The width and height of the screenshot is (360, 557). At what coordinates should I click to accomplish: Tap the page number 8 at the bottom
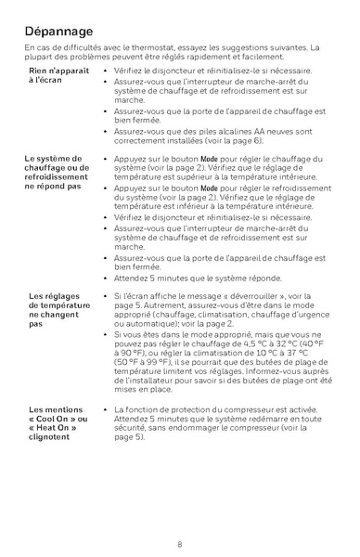pos(180,543)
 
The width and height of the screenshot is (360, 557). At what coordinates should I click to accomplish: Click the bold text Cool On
pos(61,418)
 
